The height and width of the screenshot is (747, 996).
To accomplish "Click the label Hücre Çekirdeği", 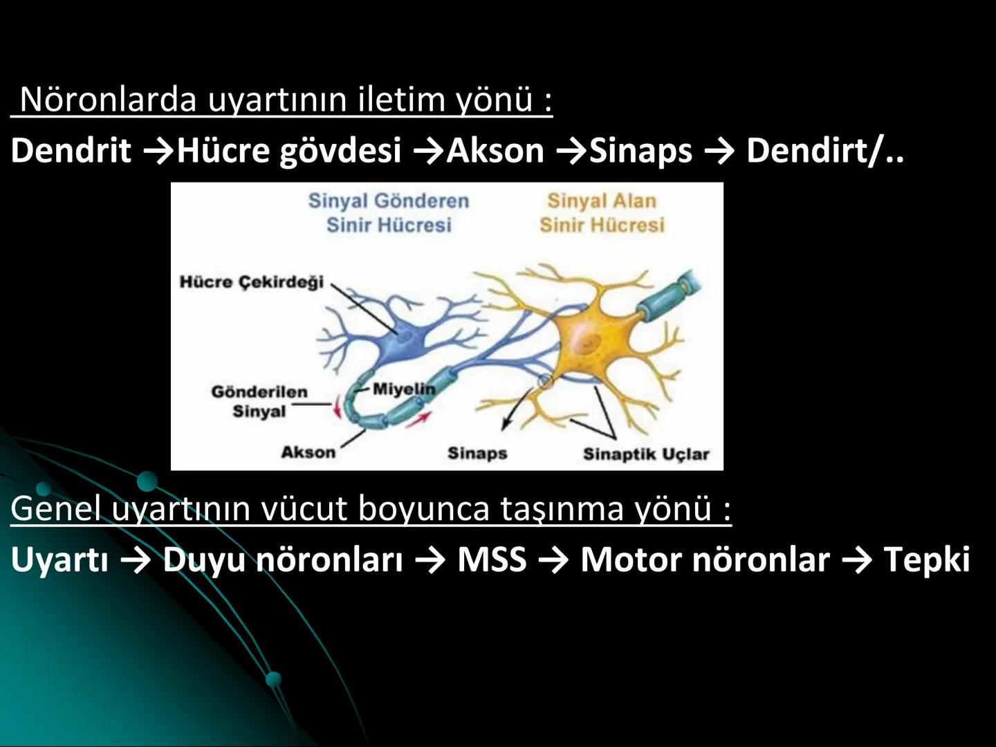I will point(252,282).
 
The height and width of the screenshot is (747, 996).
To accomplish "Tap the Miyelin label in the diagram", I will point(404,389).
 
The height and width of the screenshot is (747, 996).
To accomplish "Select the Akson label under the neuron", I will point(308,452).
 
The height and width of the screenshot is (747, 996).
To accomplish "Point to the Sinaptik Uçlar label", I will point(646,454).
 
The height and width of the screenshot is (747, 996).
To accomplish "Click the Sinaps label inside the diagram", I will point(477,454).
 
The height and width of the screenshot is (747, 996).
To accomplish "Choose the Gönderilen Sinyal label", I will point(259,402).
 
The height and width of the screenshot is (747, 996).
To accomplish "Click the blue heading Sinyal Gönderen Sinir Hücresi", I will point(389,212).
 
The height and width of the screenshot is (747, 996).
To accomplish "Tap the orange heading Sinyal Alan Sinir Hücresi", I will point(602,212).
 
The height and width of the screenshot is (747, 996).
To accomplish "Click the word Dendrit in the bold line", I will point(71,150).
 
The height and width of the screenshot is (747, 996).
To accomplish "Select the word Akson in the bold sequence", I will point(495,150).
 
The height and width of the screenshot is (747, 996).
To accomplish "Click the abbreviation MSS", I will point(492,559).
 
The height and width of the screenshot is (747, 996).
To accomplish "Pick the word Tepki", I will point(927,559).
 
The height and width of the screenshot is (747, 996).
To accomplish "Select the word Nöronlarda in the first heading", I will point(109,100).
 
